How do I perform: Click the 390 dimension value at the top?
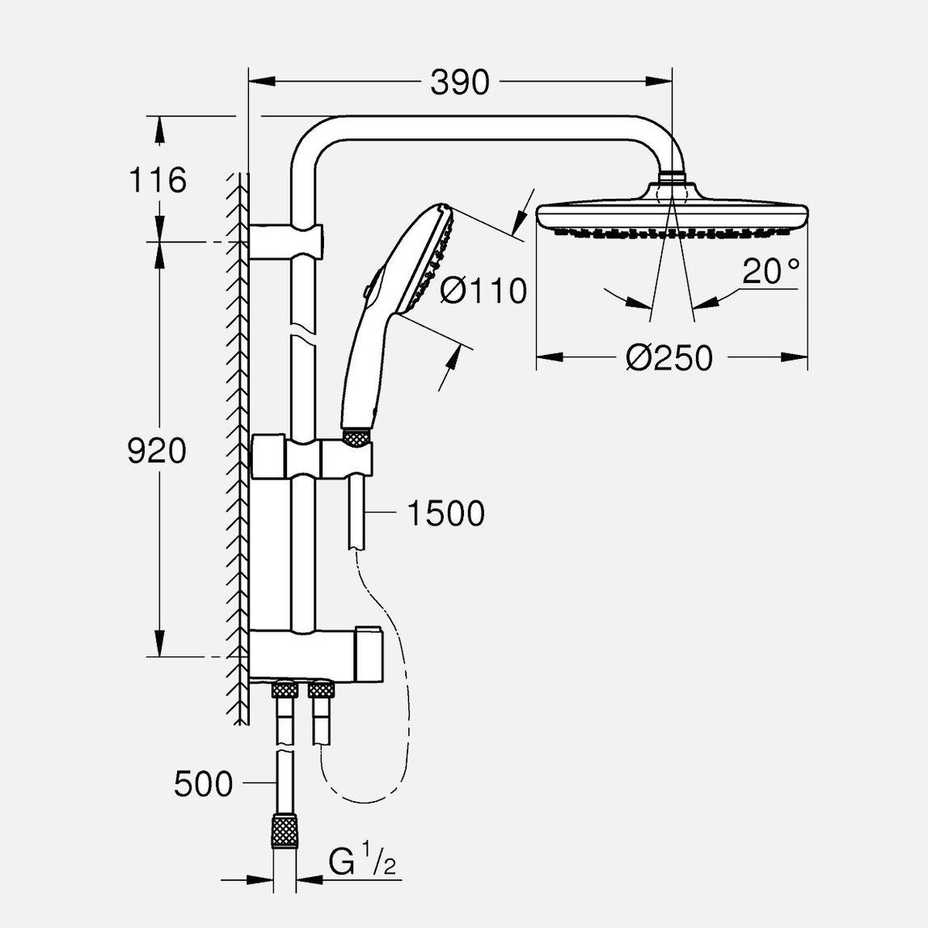459,82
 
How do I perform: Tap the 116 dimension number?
158,179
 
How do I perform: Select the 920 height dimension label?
157,451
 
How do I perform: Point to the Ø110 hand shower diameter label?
483,290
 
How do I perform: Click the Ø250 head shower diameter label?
669,357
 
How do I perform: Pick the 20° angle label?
770,272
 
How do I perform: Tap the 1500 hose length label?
445,513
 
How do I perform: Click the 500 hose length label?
203,783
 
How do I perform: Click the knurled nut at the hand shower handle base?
356,437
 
